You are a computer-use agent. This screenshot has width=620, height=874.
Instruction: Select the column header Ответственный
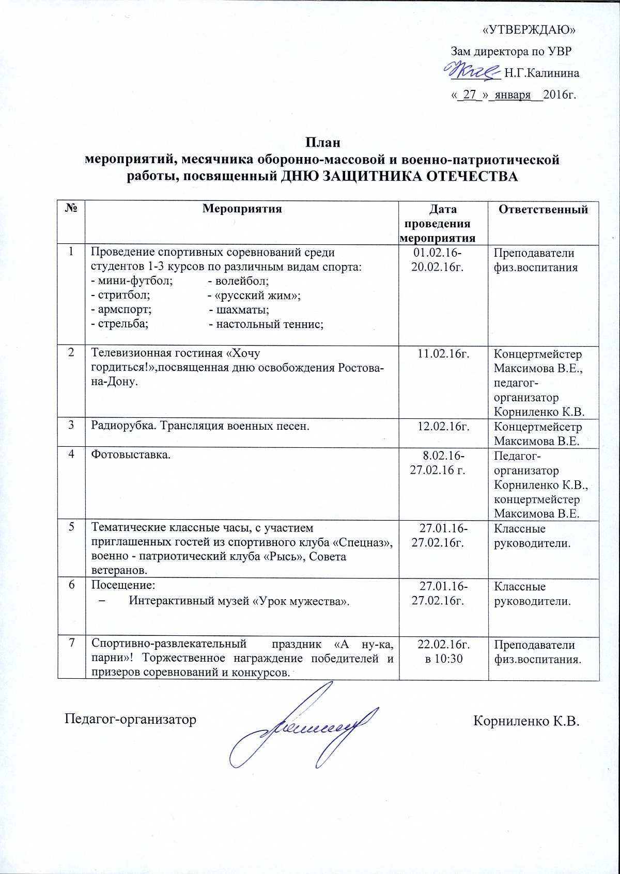click(x=543, y=209)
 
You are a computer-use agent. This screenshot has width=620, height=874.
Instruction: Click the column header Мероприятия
click(x=242, y=209)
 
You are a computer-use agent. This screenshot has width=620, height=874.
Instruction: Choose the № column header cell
click(x=71, y=209)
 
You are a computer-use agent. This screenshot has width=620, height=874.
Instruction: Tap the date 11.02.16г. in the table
click(x=443, y=354)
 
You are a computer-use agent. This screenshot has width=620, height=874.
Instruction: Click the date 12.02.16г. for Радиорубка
click(x=443, y=427)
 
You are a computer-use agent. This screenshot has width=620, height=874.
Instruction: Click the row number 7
click(x=73, y=643)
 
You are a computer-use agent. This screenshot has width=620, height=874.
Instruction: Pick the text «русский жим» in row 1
click(x=257, y=295)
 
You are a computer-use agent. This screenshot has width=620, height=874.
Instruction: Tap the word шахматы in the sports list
click(x=243, y=310)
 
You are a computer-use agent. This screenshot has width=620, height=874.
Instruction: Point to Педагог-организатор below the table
click(x=130, y=720)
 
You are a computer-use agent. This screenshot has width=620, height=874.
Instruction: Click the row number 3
click(x=73, y=426)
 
